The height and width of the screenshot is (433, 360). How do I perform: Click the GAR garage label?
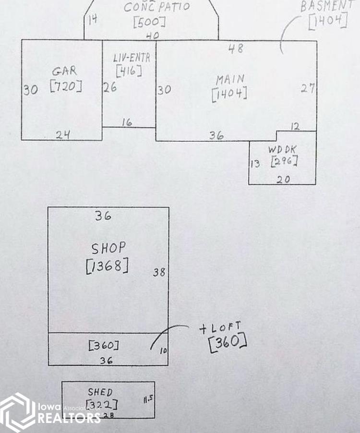[65, 71]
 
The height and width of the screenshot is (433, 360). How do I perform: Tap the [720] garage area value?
[66, 87]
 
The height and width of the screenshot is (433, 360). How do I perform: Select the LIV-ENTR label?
[132, 58]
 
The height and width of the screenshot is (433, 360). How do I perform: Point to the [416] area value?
[129, 71]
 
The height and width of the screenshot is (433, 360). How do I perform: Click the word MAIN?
[230, 79]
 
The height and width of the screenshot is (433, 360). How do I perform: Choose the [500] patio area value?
[150, 22]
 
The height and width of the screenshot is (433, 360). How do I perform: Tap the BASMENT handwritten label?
[330, 6]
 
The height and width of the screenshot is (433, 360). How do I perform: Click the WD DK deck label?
[282, 150]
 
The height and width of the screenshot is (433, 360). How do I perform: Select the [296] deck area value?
[284, 161]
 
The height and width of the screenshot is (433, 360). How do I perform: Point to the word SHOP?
[109, 248]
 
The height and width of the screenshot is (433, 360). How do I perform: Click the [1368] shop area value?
[107, 266]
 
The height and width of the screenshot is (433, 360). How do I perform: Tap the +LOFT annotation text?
[220, 328]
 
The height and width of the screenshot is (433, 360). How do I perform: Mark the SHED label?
[100, 392]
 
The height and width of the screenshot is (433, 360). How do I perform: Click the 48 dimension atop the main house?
[235, 48]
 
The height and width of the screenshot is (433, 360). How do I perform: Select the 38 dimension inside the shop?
[159, 272]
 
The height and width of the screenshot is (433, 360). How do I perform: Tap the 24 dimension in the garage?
[62, 134]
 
